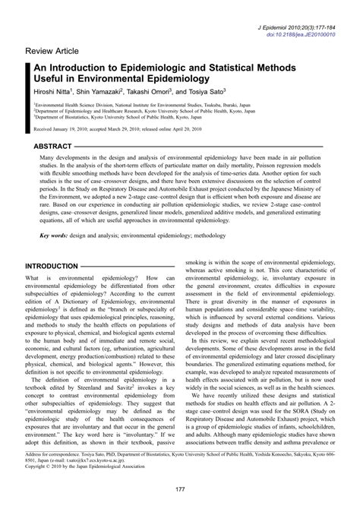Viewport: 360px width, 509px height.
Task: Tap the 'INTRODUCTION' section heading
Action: click(x=59, y=267)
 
